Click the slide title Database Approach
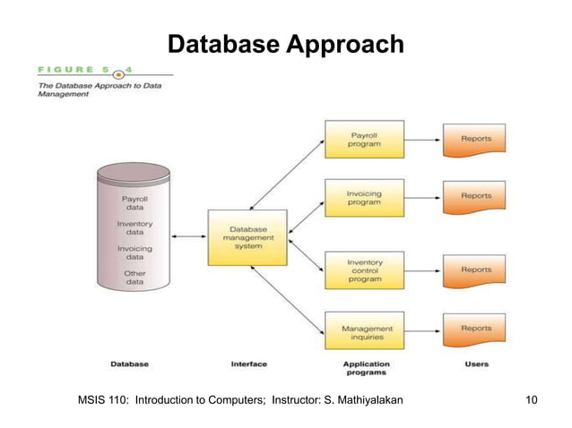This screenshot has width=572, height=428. click(286, 44)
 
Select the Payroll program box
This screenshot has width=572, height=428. click(364, 139)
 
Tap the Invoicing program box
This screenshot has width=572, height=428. click(364, 197)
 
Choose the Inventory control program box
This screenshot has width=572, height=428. click(364, 270)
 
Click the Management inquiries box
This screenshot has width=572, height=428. click(364, 330)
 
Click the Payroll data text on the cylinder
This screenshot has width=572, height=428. click(134, 202)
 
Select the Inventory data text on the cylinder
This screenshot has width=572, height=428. click(134, 228)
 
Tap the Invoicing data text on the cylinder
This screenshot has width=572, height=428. click(134, 253)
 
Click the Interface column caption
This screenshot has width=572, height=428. click(248, 364)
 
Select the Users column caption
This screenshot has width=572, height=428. click(477, 364)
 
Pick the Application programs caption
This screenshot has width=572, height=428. click(366, 368)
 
